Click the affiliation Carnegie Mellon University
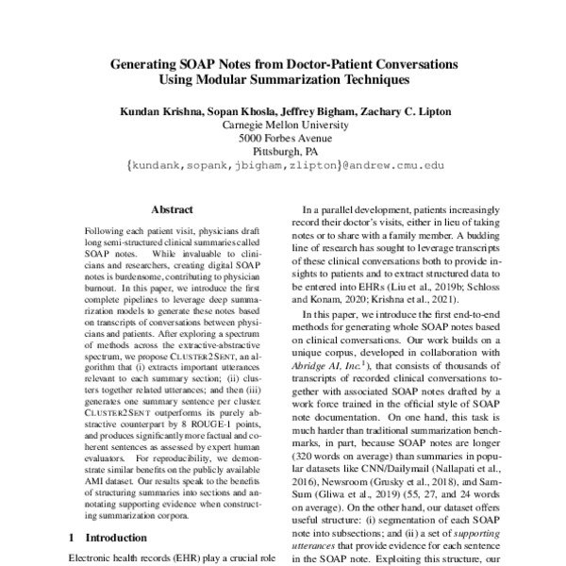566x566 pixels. coord(283,125)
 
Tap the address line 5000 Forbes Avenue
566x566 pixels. coord(283,138)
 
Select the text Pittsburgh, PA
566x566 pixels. coord(283,151)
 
